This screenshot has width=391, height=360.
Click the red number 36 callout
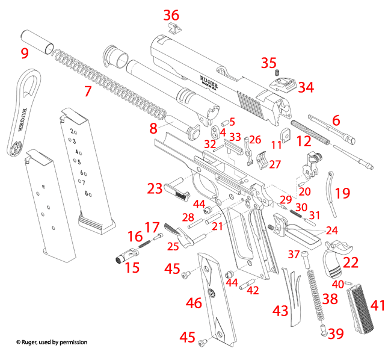(171, 14)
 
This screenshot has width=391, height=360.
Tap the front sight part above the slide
(173, 29)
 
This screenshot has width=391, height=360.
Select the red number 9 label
(25, 53)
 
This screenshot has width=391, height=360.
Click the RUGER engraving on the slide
(208, 81)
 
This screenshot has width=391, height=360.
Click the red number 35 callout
(268, 63)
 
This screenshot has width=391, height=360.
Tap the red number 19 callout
(342, 193)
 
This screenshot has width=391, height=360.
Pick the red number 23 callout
(155, 188)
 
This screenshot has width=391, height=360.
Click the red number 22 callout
(350, 262)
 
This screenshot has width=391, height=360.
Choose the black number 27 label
(275, 164)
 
